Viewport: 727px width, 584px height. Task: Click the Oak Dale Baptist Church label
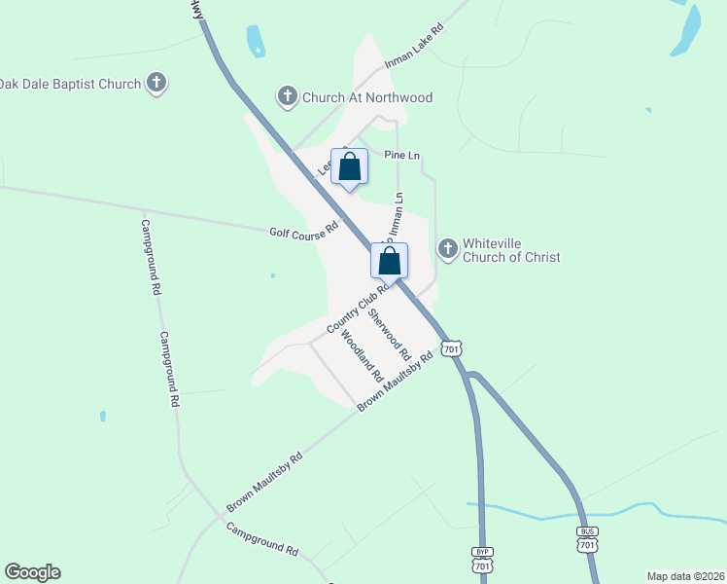tap(70, 84)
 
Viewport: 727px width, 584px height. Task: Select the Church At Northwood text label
tap(366, 97)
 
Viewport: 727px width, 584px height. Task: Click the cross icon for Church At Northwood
tap(287, 96)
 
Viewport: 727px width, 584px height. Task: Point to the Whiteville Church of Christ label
tap(511, 250)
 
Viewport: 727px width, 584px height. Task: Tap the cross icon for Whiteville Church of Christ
tap(448, 250)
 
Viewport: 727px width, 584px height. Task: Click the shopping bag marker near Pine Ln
tap(350, 167)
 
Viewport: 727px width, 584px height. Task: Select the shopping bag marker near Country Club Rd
tap(389, 262)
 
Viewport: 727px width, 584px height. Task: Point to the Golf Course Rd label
tap(302, 232)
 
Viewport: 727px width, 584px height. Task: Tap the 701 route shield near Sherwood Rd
tap(450, 348)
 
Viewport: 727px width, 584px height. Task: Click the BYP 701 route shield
tap(481, 562)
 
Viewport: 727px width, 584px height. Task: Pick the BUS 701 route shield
tap(586, 540)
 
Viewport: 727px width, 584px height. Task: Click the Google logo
tap(32, 572)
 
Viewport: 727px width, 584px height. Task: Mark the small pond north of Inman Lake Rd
tap(256, 40)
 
